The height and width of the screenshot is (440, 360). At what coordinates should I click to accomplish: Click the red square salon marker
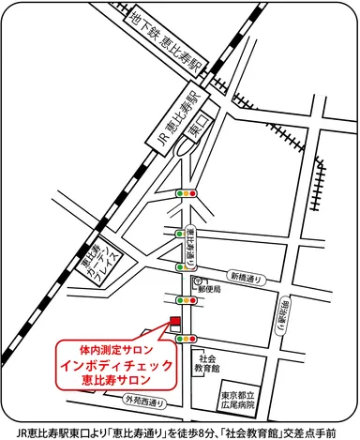tap(173, 322)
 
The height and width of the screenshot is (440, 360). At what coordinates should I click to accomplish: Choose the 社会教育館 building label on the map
tap(207, 363)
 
